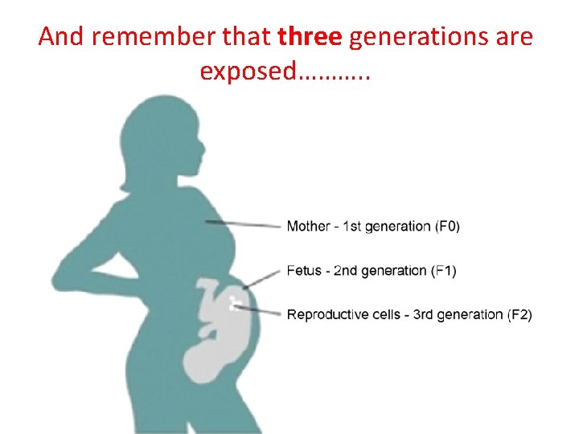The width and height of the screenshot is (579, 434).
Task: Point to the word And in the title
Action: point(60,37)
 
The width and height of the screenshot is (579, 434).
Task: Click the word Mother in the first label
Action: point(308,226)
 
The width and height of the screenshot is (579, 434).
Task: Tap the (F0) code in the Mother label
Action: point(448,226)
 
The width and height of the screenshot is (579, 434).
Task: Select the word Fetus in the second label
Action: point(306,271)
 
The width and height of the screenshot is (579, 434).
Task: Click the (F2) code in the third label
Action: point(519,314)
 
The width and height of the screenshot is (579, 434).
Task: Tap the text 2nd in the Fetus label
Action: point(346,271)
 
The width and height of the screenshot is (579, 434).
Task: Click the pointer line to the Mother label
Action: point(241,224)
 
